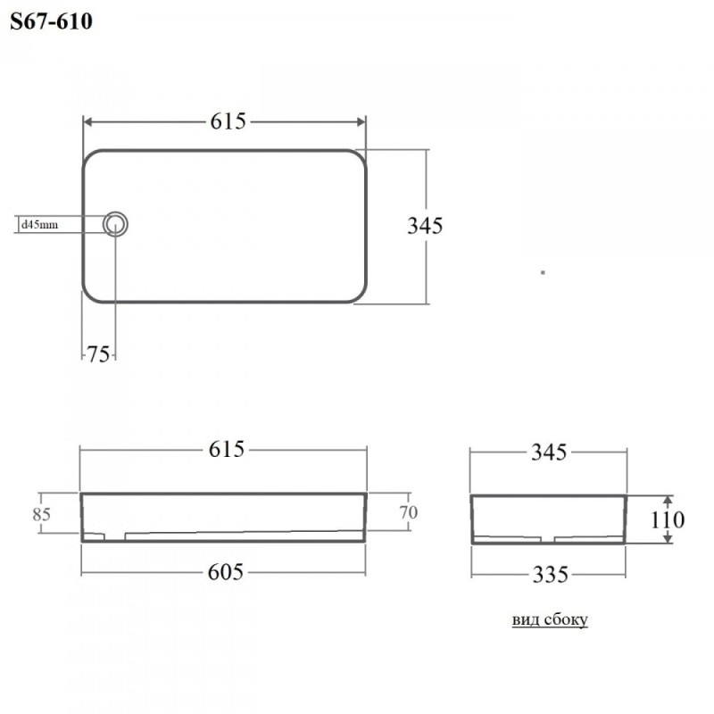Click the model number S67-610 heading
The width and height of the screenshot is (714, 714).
click(51, 21)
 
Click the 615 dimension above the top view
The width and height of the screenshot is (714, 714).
click(228, 121)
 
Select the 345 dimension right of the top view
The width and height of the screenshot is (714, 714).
click(425, 226)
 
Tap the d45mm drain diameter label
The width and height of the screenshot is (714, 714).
click(39, 225)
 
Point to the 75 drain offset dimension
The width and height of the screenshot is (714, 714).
click(98, 354)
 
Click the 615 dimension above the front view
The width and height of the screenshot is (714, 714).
click(227, 450)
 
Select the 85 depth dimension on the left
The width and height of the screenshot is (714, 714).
click(41, 514)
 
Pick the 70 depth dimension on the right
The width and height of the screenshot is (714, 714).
click(409, 512)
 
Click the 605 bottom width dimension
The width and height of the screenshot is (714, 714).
click(226, 572)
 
